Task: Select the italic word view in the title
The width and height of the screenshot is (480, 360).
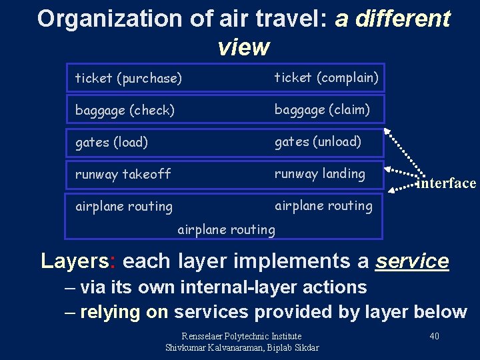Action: (243, 47)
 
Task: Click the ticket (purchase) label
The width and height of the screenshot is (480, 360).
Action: (128, 79)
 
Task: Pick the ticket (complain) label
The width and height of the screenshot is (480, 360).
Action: (327, 78)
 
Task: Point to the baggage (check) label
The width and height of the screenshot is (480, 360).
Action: (125, 111)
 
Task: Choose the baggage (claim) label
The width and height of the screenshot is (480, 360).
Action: (322, 109)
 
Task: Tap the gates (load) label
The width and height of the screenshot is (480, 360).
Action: (111, 142)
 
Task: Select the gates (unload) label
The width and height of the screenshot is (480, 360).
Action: (318, 141)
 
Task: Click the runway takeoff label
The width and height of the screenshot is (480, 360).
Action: (123, 174)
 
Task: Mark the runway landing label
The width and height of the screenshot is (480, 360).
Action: (320, 173)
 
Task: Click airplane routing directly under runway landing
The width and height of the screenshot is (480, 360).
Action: (323, 205)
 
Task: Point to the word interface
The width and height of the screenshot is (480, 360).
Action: (446, 183)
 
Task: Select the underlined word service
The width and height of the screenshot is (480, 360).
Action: (412, 261)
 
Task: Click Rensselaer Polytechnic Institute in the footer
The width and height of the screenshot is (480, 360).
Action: (241, 336)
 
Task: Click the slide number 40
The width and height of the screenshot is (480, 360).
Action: (434, 336)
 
